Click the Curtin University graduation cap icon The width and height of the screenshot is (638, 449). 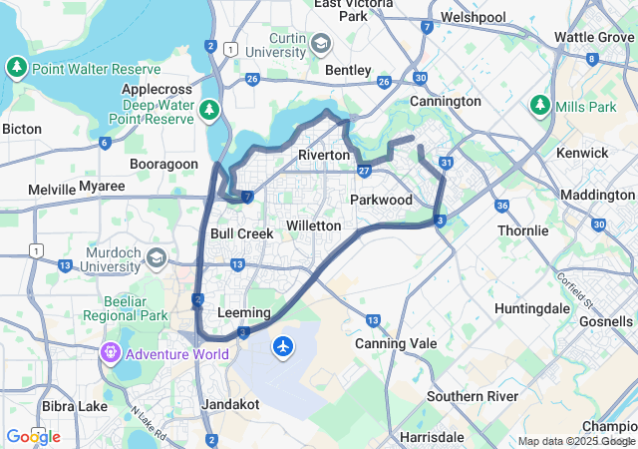pos(320,44)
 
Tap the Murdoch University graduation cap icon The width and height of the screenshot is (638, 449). pos(156,258)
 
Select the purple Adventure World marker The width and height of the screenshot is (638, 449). pos(110,352)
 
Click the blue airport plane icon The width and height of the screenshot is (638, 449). pos(284,346)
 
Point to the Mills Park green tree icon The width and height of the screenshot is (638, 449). pos(539,104)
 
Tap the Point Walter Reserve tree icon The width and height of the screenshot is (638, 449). pos(16,68)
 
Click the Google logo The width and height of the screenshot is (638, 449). pos(33,436)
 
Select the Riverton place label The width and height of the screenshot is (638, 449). pos(324,155)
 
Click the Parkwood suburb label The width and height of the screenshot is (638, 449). pos(381,200)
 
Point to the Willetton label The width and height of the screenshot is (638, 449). pos(313,225)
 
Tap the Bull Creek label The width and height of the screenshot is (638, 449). pos(241,233)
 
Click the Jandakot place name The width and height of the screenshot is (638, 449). pos(230,404)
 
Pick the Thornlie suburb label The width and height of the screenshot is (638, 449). pos(523,230)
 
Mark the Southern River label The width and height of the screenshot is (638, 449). pos(473,396)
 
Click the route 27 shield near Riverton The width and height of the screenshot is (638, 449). pos(365,171)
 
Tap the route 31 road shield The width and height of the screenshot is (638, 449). pos(448,163)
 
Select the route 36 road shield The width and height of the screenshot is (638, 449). pos(501,206)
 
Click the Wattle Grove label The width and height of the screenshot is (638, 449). pos(594,37)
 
